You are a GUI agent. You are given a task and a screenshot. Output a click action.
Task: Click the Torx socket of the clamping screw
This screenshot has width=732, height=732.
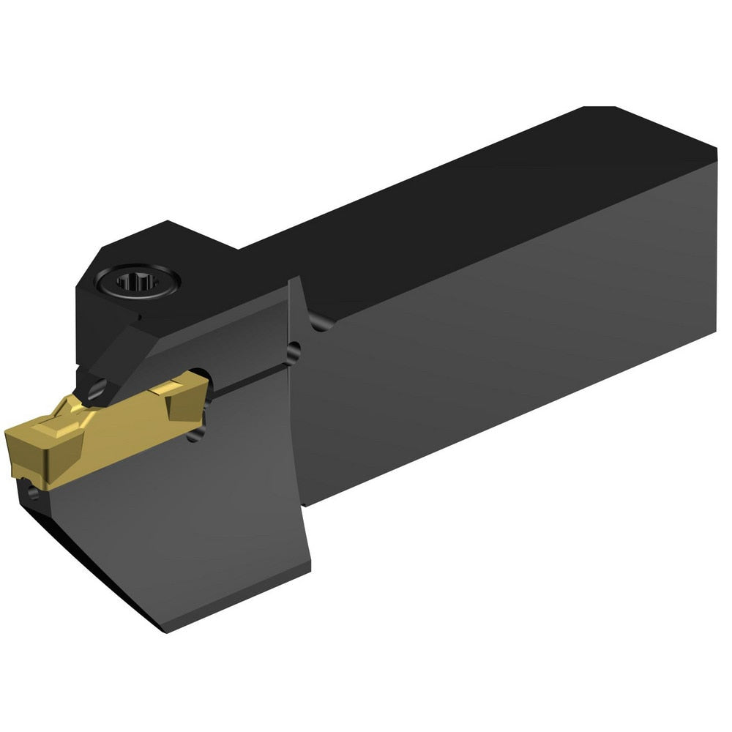tap(137, 280)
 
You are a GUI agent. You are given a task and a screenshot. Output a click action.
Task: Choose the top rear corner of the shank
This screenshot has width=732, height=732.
tap(600, 108)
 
